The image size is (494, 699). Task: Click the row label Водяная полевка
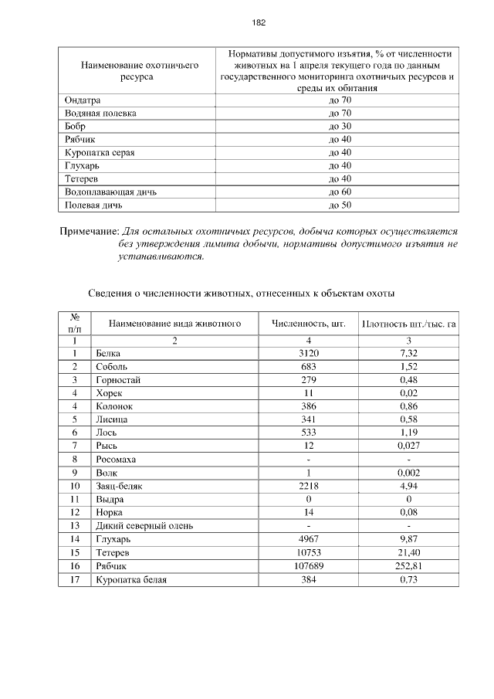pyautogui.click(x=100, y=114)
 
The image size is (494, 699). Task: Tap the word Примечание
pyautogui.click(x=89, y=231)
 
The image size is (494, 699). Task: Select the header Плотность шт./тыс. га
pyautogui.click(x=408, y=324)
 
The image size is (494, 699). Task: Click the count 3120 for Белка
pyautogui.click(x=308, y=353)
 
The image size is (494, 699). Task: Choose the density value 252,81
pyautogui.click(x=408, y=566)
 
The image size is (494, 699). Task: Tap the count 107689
pyautogui.click(x=308, y=566)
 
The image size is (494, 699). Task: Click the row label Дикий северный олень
pyautogui.click(x=144, y=526)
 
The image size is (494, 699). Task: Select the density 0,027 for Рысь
pyautogui.click(x=408, y=446)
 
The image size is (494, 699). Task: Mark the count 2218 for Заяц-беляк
pyautogui.click(x=308, y=487)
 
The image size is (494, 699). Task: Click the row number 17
pyautogui.click(x=75, y=579)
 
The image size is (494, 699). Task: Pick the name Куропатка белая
pyautogui.click(x=131, y=579)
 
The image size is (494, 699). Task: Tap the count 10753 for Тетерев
pyautogui.click(x=308, y=553)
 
